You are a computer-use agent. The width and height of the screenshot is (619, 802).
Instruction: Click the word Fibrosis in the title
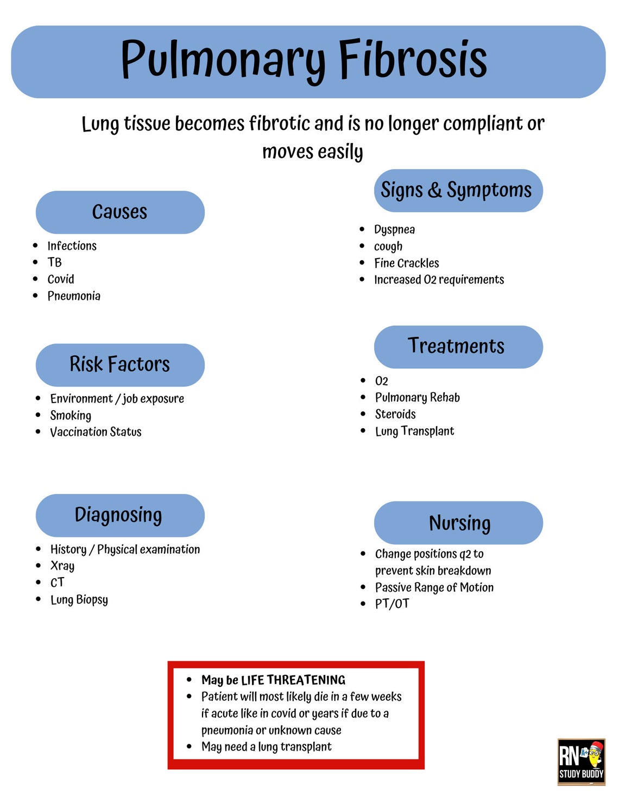click(413, 60)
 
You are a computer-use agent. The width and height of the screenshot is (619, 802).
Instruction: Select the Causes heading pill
click(120, 212)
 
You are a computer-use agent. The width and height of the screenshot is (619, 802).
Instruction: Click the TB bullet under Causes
click(55, 262)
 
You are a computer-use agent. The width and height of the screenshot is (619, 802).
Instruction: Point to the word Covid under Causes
click(61, 279)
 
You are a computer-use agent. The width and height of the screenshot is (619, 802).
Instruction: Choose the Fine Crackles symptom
click(406, 263)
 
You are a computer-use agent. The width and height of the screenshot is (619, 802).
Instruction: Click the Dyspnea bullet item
click(394, 229)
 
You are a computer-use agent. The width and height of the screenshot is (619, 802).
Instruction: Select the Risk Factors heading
click(120, 365)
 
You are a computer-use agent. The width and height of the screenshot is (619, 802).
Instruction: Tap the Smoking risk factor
click(71, 416)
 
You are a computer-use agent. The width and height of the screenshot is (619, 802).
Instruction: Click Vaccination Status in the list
click(96, 432)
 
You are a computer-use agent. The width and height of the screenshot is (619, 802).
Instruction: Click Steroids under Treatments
click(395, 414)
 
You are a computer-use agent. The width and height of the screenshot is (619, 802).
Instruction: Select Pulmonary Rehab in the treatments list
click(417, 397)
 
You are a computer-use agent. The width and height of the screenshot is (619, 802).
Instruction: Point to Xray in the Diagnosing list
click(62, 566)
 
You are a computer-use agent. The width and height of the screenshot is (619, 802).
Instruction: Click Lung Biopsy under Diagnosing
click(79, 600)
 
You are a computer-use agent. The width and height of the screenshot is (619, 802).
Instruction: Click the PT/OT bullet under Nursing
click(392, 604)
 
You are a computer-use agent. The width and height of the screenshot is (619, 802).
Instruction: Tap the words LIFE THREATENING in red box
click(293, 680)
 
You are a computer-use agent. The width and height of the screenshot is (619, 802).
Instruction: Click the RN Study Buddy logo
click(581, 762)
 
